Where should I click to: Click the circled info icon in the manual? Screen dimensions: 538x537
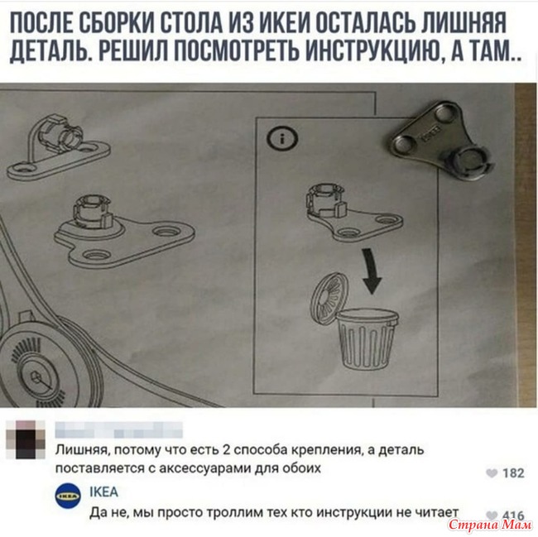[x=282, y=139]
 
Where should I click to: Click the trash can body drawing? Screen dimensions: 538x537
[x=367, y=338]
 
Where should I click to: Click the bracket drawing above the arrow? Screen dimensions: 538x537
[x=353, y=212]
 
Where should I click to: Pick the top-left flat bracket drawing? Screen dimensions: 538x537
[x=58, y=146]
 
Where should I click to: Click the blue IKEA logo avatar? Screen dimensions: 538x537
[x=68, y=496]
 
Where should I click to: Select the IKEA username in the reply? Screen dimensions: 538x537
[x=103, y=491]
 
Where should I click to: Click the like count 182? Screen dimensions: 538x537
[x=513, y=473]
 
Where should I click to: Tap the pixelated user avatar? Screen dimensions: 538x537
[x=26, y=440]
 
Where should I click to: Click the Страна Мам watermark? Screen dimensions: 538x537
[x=491, y=525]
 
